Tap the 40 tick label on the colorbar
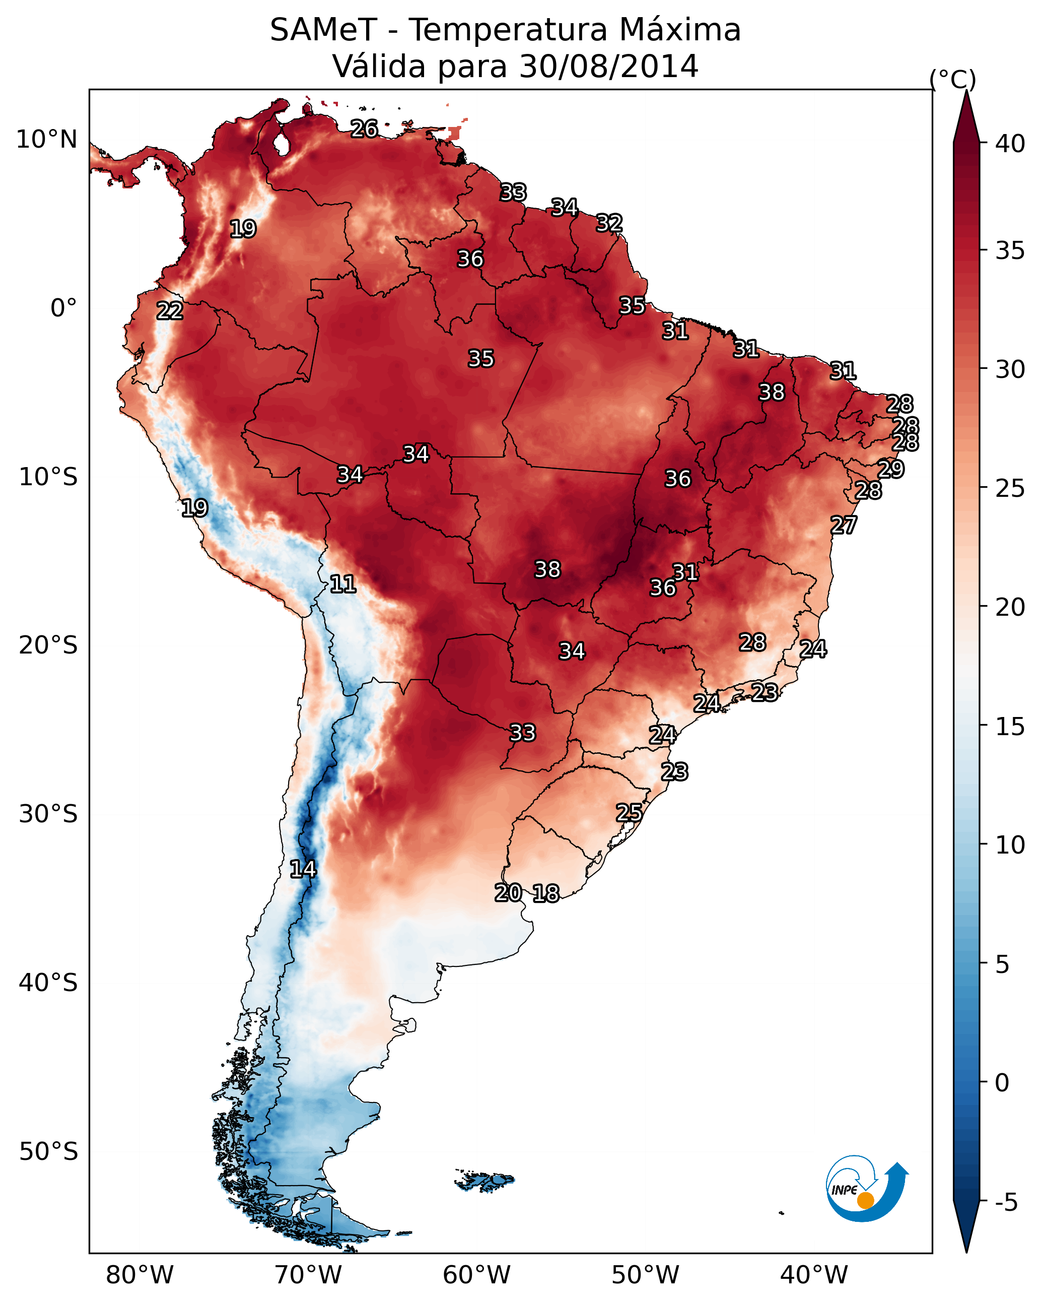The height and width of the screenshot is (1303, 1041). [1010, 144]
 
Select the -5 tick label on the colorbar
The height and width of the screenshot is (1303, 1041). [1006, 1202]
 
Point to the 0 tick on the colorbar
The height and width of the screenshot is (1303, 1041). [1002, 1082]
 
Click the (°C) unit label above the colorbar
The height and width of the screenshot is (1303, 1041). [952, 79]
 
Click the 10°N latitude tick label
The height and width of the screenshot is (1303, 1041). [46, 140]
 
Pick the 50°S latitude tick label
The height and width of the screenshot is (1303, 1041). [48, 1151]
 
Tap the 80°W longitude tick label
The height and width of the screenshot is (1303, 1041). [140, 1275]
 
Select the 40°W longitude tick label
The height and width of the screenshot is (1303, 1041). [814, 1275]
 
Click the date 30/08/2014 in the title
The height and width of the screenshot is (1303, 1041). [608, 66]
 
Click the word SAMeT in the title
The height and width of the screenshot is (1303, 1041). [323, 30]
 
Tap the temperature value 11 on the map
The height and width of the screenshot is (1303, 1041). [342, 584]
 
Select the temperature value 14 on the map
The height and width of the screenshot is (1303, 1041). [303, 869]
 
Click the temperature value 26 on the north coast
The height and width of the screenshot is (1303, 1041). [364, 128]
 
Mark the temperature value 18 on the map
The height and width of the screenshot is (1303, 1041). [546, 893]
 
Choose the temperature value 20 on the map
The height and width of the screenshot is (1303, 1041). [508, 893]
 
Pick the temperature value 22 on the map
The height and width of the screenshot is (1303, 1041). [170, 311]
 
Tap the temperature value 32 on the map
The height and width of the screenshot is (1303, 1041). [609, 223]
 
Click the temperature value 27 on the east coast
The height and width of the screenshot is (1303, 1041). [844, 525]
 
